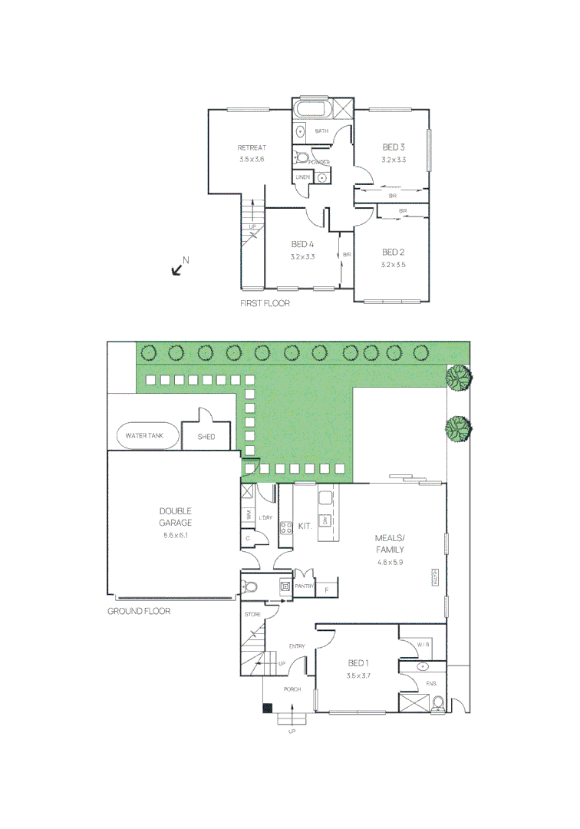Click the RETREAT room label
(x=251, y=147)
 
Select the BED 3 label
(x=393, y=147)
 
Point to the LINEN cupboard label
(x=302, y=178)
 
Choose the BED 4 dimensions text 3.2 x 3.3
(x=302, y=256)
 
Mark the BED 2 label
(x=393, y=252)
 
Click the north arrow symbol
(x=178, y=268)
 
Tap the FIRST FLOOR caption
(x=265, y=304)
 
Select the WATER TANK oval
(x=145, y=435)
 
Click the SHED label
(x=206, y=437)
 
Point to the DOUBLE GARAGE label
(x=176, y=517)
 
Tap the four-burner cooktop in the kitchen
(x=286, y=527)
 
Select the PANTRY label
(x=305, y=586)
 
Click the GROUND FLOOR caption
(x=138, y=612)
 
